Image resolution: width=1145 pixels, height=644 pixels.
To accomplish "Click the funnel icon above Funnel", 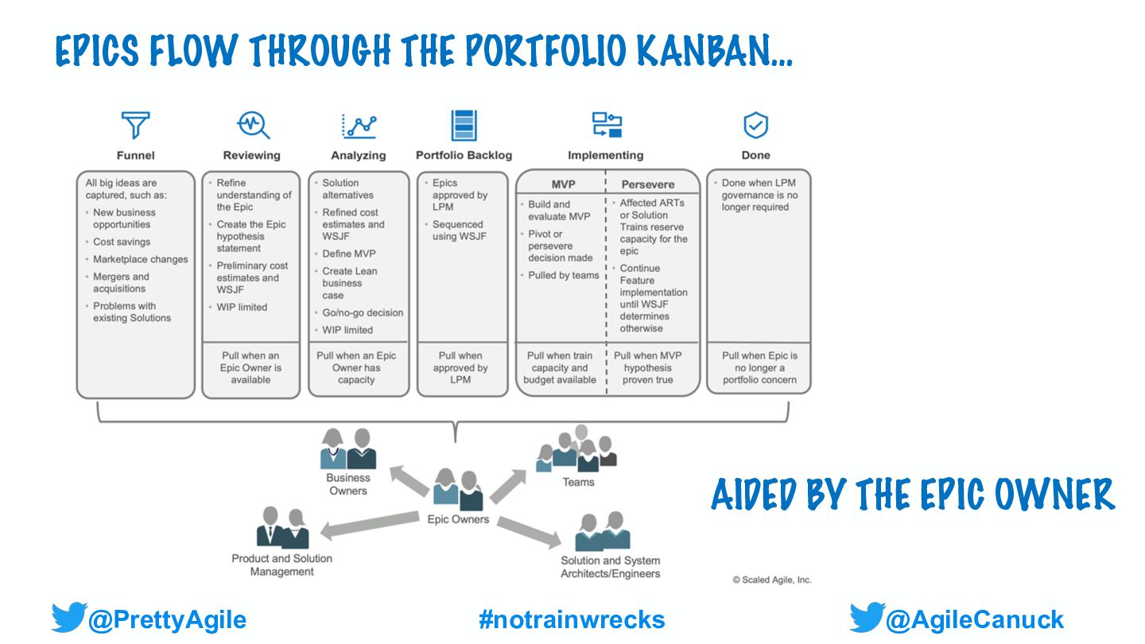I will click(135, 126).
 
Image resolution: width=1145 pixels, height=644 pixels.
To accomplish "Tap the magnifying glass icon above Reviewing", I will click(253, 126).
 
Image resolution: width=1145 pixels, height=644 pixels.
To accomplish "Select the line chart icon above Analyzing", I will click(359, 126).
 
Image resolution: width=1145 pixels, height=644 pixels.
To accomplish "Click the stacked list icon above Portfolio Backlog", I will click(464, 126).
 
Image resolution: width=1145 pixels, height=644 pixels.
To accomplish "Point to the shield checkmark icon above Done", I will click(755, 126).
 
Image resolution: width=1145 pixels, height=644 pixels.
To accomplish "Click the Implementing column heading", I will click(605, 156).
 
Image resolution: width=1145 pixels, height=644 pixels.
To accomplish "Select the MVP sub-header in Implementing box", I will click(563, 184).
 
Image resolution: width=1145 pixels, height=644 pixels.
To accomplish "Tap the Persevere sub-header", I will click(648, 184).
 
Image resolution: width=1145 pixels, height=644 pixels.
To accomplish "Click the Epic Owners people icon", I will click(460, 491).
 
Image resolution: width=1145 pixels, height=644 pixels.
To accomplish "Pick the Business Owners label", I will click(348, 484).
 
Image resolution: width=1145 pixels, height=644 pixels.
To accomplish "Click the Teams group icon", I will click(577, 450).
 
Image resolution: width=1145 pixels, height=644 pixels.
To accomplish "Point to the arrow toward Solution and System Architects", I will click(530, 532).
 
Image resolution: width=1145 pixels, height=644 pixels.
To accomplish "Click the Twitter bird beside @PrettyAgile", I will click(68, 618).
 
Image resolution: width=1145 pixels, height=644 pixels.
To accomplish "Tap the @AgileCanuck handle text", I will click(974, 619).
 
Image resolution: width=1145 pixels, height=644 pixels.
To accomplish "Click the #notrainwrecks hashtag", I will click(572, 619).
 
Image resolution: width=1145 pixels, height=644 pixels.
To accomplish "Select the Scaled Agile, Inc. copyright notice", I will click(772, 580).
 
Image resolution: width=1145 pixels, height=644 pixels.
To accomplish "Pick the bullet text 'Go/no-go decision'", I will click(363, 312).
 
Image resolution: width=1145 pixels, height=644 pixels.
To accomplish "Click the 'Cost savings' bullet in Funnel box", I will click(122, 242).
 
